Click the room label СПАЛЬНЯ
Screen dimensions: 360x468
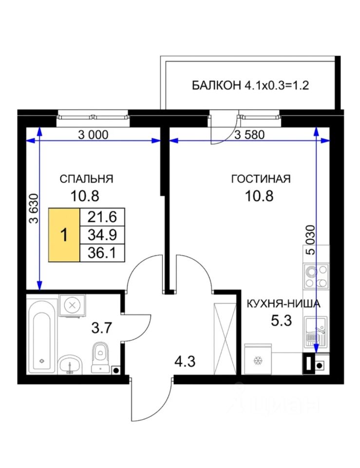click(x=87, y=179)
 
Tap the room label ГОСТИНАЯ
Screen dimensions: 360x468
click(x=261, y=179)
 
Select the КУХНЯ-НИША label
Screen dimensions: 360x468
click(x=284, y=304)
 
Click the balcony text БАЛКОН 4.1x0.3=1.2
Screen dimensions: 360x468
click(x=250, y=85)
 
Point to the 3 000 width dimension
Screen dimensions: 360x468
click(x=93, y=135)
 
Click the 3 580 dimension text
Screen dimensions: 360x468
click(x=249, y=135)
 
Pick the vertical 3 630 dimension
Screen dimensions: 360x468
click(x=34, y=209)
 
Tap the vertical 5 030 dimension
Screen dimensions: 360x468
click(x=310, y=240)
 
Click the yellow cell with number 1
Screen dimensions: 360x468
click(x=64, y=235)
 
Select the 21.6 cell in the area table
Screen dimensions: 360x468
click(x=102, y=216)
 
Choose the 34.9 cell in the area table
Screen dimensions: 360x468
click(x=102, y=235)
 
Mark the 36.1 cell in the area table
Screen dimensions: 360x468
click(x=102, y=253)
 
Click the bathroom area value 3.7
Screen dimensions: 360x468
click(x=101, y=328)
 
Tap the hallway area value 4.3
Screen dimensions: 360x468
click(x=185, y=361)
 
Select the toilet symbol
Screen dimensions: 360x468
click(x=100, y=357)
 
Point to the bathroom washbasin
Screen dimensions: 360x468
click(x=70, y=364)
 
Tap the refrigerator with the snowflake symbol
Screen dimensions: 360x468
click(x=258, y=359)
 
